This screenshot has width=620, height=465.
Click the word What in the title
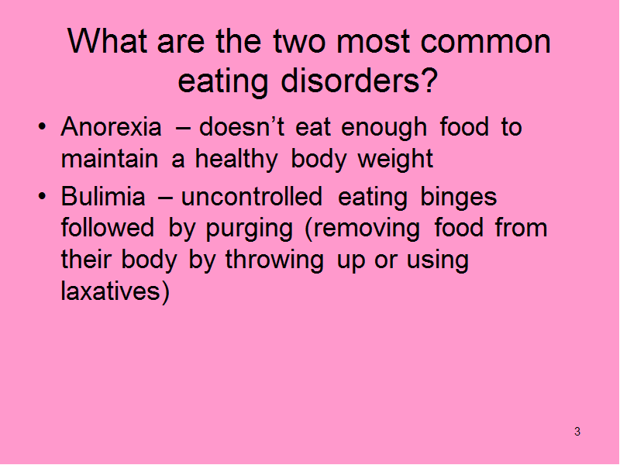tap(108, 41)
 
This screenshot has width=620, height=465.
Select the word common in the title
tap(486, 42)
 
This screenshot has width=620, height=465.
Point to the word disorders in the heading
tap(350, 81)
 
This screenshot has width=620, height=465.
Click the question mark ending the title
tap(429, 80)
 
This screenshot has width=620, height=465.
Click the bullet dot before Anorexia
tap(42, 127)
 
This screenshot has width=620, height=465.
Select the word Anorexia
tap(111, 127)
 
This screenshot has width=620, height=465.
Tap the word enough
tap(384, 129)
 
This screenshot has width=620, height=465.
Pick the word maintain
tap(109, 159)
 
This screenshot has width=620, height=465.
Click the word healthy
tap(236, 160)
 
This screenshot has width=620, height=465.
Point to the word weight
tap(395, 160)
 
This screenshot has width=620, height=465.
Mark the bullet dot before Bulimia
tap(42, 196)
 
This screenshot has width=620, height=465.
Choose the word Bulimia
tap(103, 196)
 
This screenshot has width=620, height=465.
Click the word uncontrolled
tap(252, 196)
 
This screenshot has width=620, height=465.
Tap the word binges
tap(458, 198)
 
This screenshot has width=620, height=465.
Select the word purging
tap(249, 229)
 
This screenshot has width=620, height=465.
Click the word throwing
tap(274, 261)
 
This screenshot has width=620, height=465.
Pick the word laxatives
tap(111, 291)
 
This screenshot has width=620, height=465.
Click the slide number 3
tap(577, 432)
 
